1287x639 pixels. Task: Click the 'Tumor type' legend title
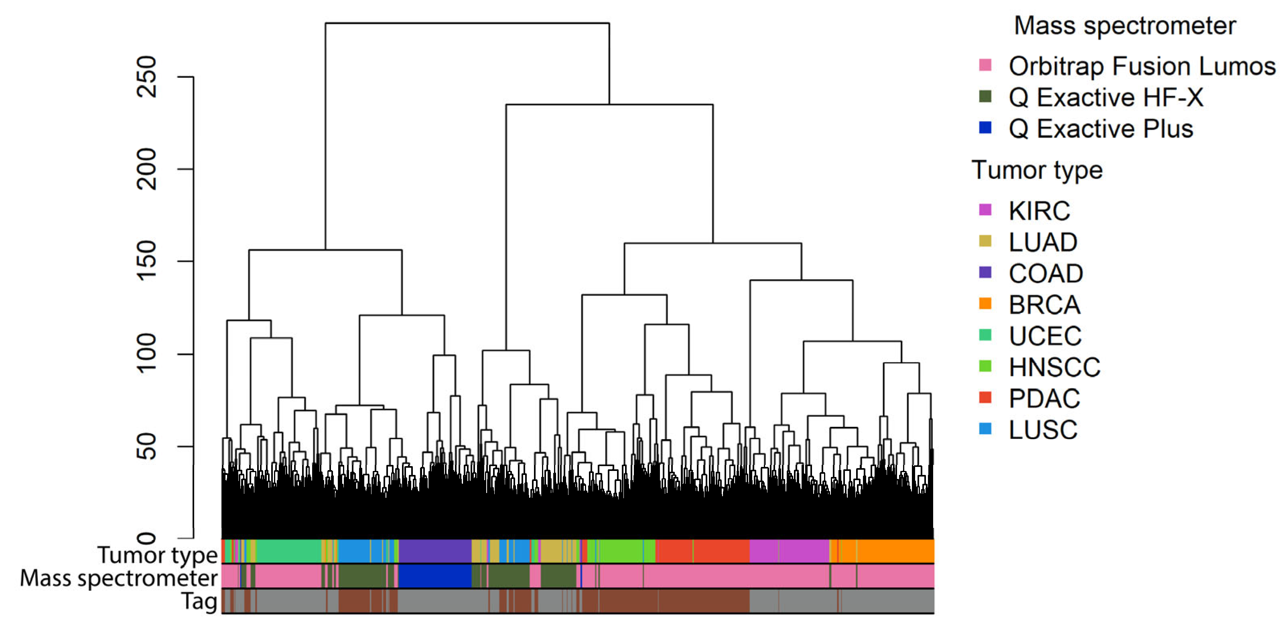[1037, 170]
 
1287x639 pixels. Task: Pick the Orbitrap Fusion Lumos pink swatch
[985, 65]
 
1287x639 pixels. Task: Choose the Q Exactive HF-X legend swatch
[985, 96]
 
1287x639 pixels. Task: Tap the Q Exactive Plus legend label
[1100, 129]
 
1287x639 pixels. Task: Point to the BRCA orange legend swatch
[985, 303]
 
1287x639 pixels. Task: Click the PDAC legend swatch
[985, 397]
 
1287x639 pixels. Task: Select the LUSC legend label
[1043, 430]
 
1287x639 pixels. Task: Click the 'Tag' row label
[199, 601]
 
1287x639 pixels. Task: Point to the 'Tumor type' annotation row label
[157, 555]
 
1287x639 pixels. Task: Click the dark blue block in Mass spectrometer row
[434, 576]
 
